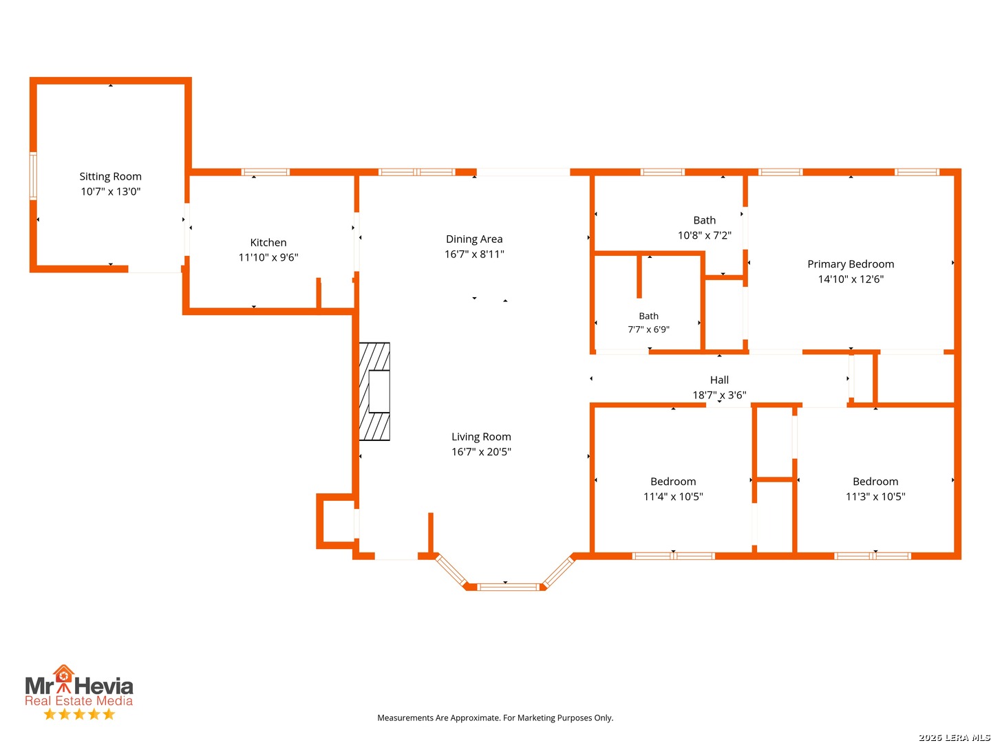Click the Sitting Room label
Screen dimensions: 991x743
(110, 176)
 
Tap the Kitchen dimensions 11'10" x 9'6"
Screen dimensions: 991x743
(268, 257)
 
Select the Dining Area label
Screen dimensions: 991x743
(473, 239)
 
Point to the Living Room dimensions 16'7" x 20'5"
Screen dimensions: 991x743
(481, 451)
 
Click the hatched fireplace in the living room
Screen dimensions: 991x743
(374, 391)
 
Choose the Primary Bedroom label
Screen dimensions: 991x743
(850, 264)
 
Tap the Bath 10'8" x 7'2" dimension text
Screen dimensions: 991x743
(704, 235)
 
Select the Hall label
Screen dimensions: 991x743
(718, 380)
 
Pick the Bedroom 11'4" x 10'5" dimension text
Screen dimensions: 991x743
(672, 496)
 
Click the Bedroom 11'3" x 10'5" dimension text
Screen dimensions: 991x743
(875, 496)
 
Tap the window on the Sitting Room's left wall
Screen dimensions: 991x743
(33, 175)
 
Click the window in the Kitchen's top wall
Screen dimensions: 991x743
(265, 172)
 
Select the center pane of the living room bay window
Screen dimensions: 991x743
(508, 587)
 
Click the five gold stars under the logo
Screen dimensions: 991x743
(79, 714)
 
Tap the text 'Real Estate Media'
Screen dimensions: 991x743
(78, 700)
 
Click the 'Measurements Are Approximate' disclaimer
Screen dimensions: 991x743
(495, 718)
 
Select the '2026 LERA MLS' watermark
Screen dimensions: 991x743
(954, 737)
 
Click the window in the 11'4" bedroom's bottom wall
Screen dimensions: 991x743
(672, 556)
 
